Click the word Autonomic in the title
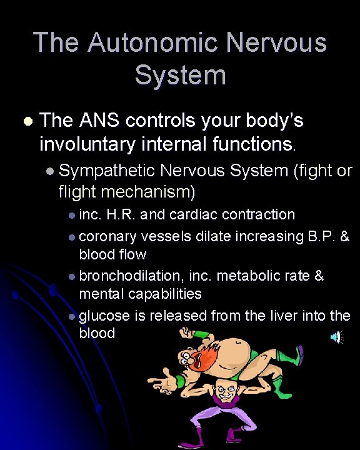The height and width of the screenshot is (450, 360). point(152,42)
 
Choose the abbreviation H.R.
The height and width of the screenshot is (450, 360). point(121,214)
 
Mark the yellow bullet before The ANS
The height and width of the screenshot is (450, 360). point(26,121)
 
